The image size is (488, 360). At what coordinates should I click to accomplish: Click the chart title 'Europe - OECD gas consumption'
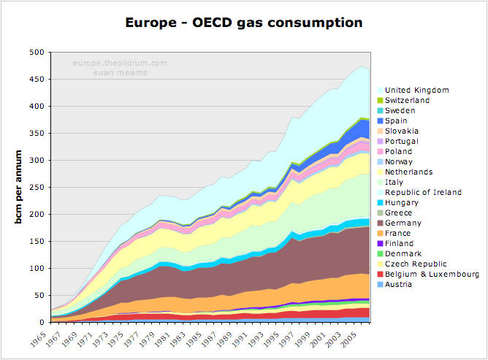click(x=244, y=23)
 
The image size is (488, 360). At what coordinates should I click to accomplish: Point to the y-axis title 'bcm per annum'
click(x=18, y=187)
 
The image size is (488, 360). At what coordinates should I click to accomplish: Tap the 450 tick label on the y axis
click(x=37, y=80)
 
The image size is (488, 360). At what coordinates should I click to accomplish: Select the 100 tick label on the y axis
click(x=37, y=268)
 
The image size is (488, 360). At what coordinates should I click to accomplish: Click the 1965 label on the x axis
click(x=38, y=339)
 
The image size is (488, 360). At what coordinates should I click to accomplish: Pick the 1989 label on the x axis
click(x=225, y=339)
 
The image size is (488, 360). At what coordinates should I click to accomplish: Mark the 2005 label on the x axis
click(x=349, y=339)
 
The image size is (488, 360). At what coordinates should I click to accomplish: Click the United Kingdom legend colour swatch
click(x=380, y=91)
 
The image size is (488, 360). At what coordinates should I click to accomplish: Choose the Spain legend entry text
click(x=396, y=120)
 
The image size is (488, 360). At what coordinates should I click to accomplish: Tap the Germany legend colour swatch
click(x=380, y=223)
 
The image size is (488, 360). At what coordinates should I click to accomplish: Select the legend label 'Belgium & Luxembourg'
click(x=432, y=274)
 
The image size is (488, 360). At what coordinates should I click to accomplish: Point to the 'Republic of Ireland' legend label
click(x=423, y=192)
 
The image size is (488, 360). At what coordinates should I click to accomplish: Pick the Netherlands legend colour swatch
click(x=380, y=172)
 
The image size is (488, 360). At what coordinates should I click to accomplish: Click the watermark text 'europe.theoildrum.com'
click(x=120, y=63)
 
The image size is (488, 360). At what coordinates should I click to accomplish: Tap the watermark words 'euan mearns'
click(x=121, y=73)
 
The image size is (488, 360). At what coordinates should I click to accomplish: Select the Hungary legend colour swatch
click(x=380, y=203)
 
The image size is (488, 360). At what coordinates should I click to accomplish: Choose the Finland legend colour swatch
click(x=380, y=244)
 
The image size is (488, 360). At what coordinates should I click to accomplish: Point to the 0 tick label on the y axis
click(x=42, y=322)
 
